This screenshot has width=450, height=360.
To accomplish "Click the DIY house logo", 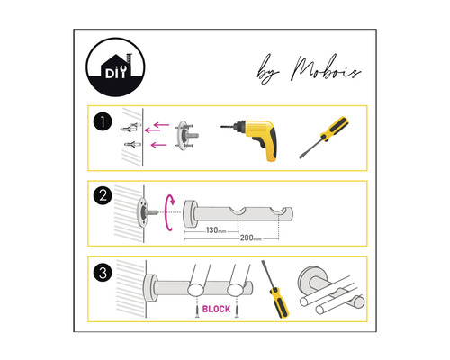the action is point(115,67).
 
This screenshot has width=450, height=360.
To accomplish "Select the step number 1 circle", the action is point(103,122).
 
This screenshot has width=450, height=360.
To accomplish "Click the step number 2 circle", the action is point(103,195).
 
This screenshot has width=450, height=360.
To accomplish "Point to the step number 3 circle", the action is point(103,273).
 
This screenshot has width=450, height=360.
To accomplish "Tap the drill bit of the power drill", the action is point(229,127).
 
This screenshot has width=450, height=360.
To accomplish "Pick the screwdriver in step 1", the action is point(324,137).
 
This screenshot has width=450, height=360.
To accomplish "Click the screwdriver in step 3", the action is point(275,289).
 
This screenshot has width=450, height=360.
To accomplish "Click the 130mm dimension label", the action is point(216,230).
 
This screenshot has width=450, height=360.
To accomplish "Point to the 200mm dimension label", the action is point(251,238).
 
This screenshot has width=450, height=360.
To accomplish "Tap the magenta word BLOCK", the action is point(216,309).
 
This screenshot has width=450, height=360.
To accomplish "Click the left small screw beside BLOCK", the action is point(197,310).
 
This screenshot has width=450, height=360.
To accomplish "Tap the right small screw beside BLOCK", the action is point(237,310).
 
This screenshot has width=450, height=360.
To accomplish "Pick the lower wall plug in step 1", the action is point(132,144).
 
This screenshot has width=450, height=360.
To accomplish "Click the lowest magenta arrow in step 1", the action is point(158,145).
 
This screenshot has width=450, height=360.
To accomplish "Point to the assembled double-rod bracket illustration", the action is point(331,290).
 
